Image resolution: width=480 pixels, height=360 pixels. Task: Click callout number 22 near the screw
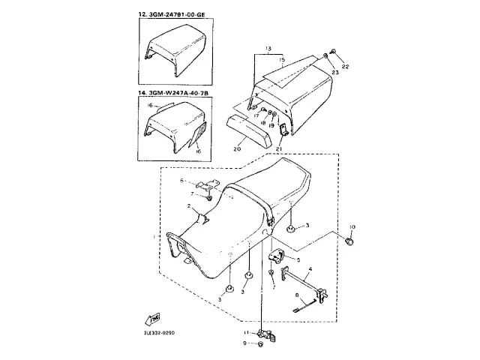coord(345,67)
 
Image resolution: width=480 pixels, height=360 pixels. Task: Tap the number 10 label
coord(353,226)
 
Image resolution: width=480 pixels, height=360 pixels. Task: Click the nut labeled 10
coord(351,241)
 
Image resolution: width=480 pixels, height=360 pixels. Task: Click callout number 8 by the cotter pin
coord(296,295)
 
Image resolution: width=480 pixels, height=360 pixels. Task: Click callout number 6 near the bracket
coord(181,181)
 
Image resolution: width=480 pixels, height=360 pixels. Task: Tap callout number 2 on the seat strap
coord(189,205)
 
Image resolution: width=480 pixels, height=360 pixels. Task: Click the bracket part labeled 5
coord(275,255)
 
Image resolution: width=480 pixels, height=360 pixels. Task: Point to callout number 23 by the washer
coord(335,73)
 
